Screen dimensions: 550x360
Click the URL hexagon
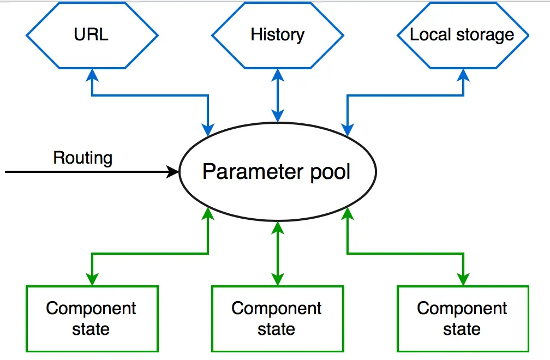(92, 35)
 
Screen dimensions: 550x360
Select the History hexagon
(277, 35)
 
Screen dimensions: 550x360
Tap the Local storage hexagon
(463, 35)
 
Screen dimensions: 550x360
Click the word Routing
(83, 158)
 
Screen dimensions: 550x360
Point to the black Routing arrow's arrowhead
(172, 172)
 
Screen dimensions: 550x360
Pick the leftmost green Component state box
(92, 319)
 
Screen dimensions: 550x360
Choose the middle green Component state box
(277, 319)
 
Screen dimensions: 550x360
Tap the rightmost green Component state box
(463, 319)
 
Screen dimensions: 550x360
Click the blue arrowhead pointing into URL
(92, 75)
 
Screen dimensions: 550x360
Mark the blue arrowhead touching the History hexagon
(277, 75)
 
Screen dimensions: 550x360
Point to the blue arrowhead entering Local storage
(463, 75)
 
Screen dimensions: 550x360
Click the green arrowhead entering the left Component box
(92, 279)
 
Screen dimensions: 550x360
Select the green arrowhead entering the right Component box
(463, 279)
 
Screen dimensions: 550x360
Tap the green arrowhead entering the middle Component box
(277, 279)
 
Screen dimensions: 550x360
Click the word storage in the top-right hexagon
(485, 35)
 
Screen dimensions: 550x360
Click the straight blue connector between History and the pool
(277, 95)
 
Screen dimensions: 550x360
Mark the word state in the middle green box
(277, 329)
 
